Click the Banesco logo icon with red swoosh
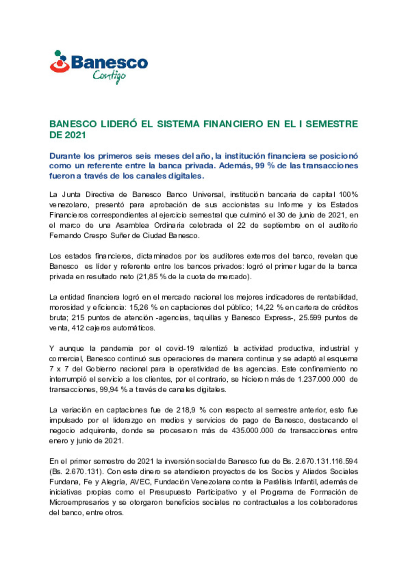point(59,62)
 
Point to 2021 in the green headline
point(75,135)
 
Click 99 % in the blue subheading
point(264,166)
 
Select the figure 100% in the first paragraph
point(348,195)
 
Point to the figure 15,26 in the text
point(139,308)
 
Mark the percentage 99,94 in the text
point(109,390)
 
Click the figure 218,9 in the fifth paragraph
point(185,410)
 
